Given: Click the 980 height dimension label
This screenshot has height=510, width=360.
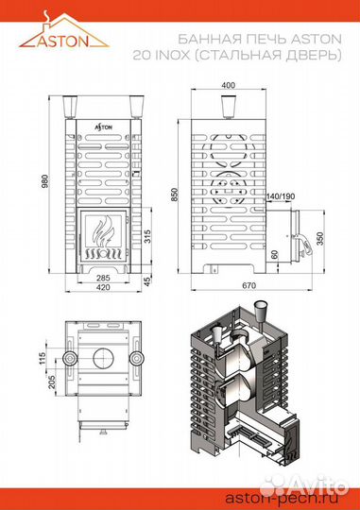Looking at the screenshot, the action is (45, 181).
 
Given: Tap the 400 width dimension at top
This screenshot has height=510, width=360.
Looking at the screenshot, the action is (228, 86).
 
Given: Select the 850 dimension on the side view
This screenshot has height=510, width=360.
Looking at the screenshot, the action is (175, 195).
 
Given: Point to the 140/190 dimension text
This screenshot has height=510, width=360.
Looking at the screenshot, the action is (281, 196).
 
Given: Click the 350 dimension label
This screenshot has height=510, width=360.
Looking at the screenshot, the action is (320, 239).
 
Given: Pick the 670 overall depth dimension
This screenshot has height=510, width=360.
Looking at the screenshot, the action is (249, 285).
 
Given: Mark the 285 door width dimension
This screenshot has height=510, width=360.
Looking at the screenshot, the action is (104, 278).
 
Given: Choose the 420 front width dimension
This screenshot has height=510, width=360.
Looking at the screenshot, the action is (104, 287).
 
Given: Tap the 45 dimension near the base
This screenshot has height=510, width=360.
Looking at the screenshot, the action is (147, 281).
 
